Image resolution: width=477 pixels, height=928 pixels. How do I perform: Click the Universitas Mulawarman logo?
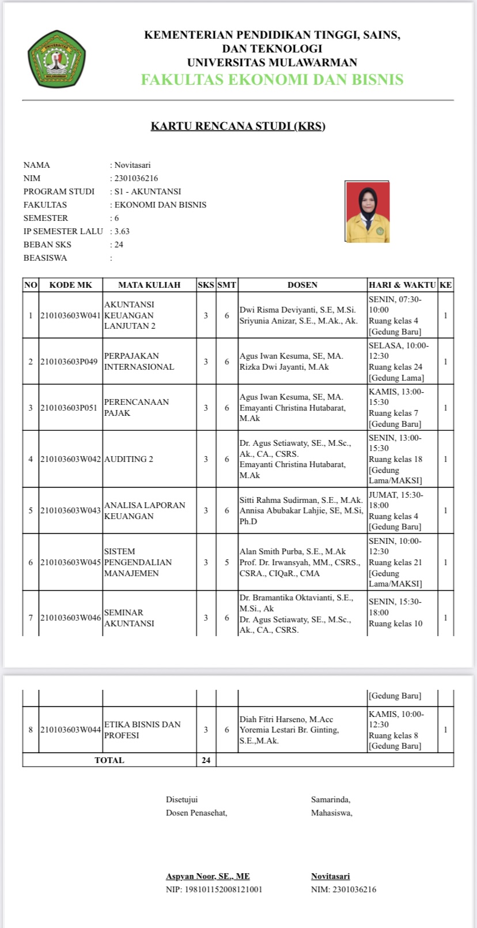pos(56,59)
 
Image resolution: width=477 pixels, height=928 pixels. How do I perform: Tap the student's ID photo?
pos(368,212)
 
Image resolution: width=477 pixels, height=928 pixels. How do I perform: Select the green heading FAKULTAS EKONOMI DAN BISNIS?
pos(272,80)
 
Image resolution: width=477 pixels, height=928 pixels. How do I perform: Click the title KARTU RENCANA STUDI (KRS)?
pos(238,126)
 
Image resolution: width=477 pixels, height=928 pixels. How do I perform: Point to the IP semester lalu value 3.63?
pos(122,231)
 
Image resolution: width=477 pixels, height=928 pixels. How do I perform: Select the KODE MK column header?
pos(71,285)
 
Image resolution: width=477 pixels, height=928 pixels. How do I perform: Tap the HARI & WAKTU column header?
pos(402,285)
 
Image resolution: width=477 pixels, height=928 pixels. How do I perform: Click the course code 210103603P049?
pos(69,362)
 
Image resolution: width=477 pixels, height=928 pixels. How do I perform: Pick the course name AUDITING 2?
pos(128,459)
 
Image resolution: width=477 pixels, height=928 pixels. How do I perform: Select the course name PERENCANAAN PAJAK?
pos(137,407)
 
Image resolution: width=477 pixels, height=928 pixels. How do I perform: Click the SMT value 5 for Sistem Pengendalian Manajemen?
pos(227,562)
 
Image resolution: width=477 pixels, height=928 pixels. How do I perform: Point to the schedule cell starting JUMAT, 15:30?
pos(396,495)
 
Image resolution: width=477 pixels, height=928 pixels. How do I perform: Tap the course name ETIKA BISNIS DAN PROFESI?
pos(142,730)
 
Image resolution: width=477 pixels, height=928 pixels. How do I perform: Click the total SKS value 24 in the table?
pos(206,760)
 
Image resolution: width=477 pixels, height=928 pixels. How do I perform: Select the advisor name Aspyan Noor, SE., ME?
pos(208,876)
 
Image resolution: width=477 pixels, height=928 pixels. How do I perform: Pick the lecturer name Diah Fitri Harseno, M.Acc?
pos(286,719)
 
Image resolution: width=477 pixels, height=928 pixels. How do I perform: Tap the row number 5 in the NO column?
pos(31,510)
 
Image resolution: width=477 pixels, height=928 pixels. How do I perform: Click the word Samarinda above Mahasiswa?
pos(331,799)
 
